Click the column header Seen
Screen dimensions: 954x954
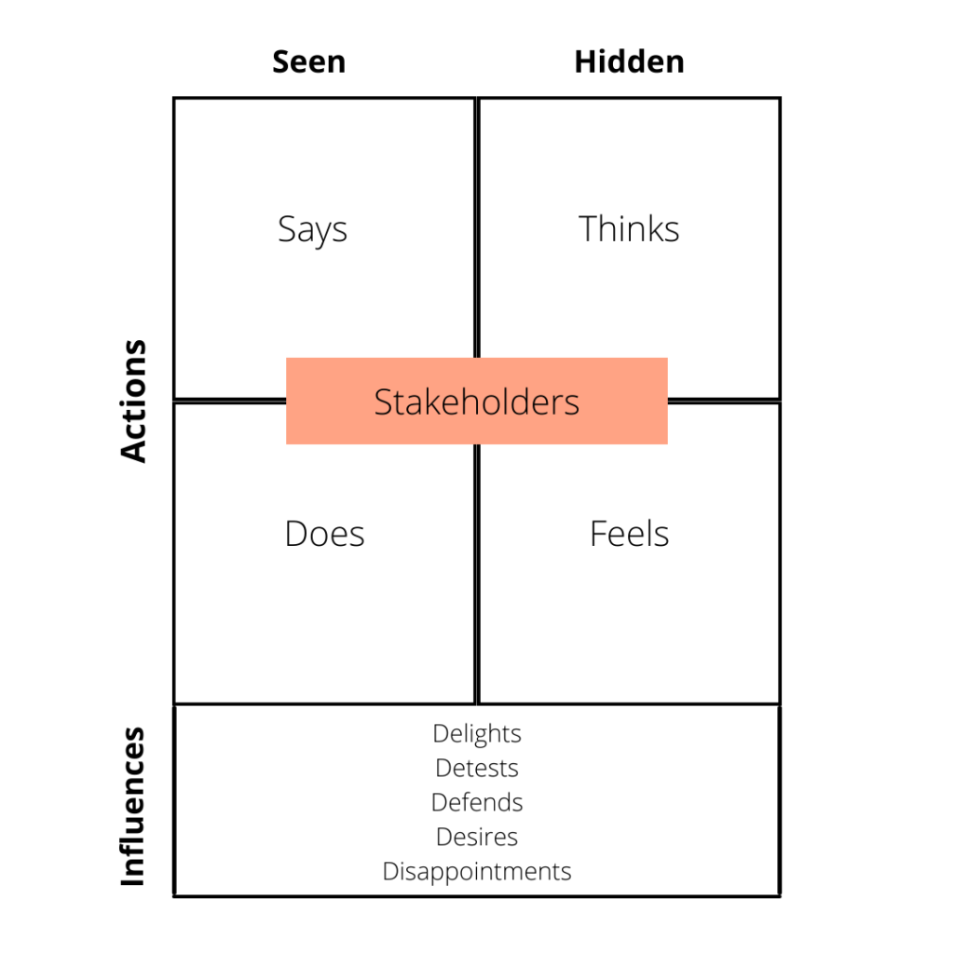coord(308,61)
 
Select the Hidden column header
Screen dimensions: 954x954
coord(629,61)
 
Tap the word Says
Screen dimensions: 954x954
coord(312,229)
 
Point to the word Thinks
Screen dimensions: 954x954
coord(629,229)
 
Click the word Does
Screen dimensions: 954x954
coord(324,534)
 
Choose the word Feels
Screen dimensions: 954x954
coord(629,534)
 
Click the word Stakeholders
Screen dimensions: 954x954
coord(476,402)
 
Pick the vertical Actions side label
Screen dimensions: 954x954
coord(134,401)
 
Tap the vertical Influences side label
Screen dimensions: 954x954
coord(134,807)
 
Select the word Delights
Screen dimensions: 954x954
coord(476,734)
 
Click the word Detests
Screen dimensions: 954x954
coord(476,769)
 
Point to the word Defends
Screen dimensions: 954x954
coord(476,802)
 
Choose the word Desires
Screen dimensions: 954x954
coord(476,837)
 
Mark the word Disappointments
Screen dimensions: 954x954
coord(476,871)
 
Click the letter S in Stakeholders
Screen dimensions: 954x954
coord(382,402)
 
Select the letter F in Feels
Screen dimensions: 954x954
coord(597,534)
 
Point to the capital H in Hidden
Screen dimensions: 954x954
coord(584,61)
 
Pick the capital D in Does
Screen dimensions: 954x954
coord(295,534)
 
